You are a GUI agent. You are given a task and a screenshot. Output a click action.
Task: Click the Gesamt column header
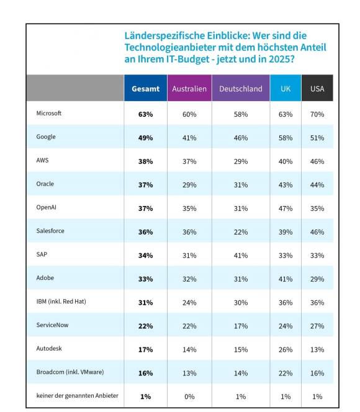pos(146,89)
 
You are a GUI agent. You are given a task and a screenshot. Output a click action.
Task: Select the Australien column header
pos(189,89)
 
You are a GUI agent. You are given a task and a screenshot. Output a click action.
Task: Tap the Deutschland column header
pos(241,89)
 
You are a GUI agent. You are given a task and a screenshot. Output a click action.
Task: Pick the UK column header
pos(286,89)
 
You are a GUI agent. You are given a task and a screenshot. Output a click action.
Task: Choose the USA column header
pos(317,89)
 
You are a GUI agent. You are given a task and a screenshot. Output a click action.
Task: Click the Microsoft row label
pos(49,114)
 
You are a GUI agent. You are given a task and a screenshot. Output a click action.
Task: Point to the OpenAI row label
pos(47,207)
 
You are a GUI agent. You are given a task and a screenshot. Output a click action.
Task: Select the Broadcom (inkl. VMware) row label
pos(70,372)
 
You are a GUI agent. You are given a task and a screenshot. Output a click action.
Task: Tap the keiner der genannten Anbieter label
pos(77,396)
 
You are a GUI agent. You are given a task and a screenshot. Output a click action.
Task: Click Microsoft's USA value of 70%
pos(317,114)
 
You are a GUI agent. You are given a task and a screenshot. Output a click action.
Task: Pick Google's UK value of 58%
pos(286,138)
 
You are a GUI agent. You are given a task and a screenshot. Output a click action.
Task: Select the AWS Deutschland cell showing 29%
pos(241,161)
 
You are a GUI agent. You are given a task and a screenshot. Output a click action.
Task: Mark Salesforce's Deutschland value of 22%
pos(241,232)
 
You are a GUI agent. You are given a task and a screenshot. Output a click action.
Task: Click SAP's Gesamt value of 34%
pos(146,256)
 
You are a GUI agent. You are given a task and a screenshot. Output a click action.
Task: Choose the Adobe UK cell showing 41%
pos(286,279)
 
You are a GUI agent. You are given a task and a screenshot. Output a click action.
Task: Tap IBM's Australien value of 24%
pos(189,303)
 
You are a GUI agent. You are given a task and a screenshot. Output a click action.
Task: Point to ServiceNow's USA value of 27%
pos(317,326)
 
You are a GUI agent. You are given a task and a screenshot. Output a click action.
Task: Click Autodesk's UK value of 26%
pos(286,350)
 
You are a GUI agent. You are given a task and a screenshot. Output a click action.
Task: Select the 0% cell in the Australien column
pos(189,396)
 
